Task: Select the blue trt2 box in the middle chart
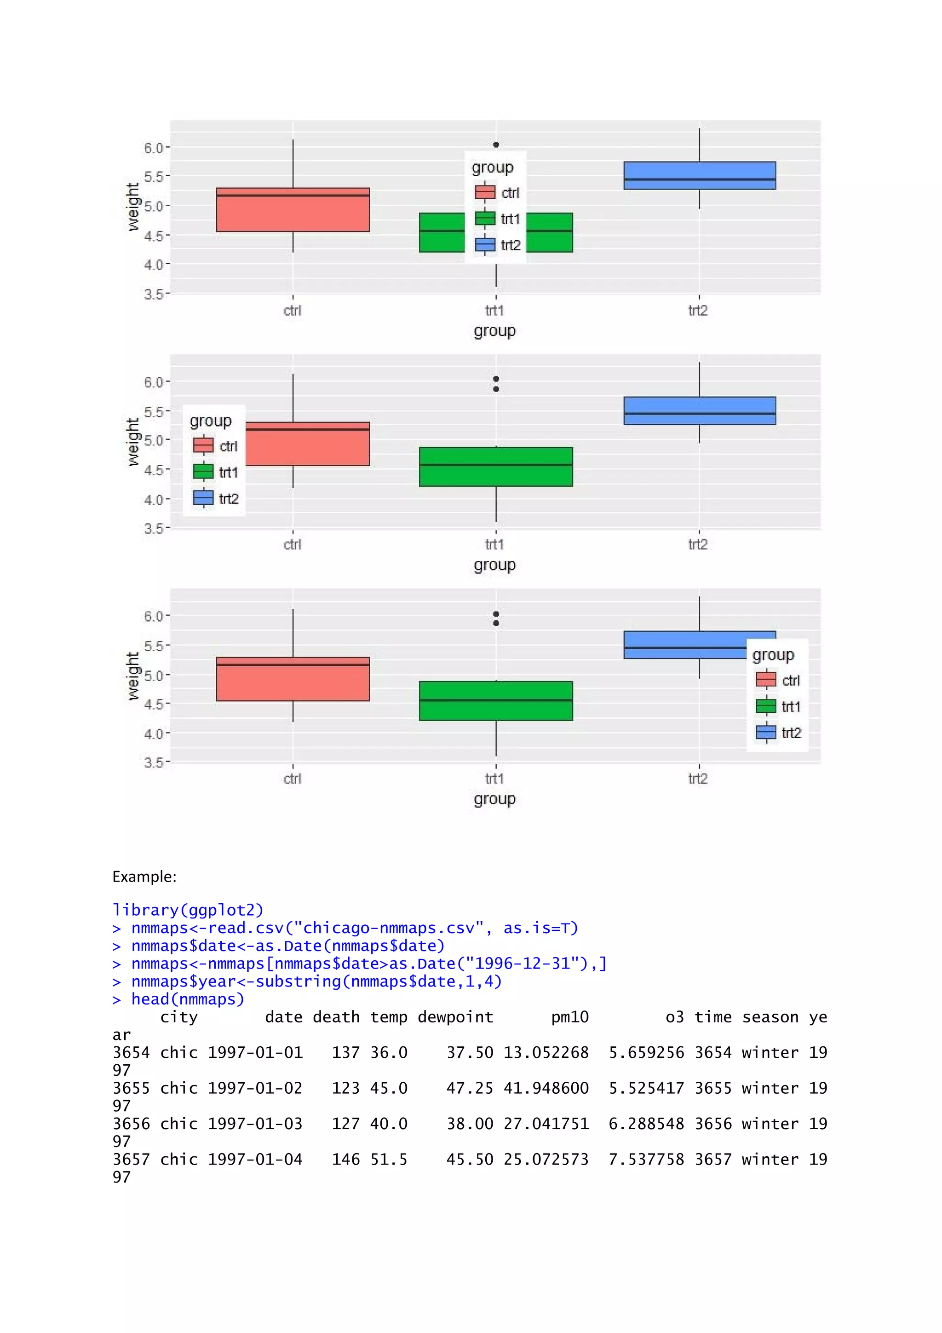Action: tap(700, 411)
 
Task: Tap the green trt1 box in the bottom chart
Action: tap(496, 701)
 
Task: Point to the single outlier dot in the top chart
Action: tap(496, 144)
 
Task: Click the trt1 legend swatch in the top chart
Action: tap(485, 219)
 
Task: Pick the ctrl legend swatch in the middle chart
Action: tap(203, 446)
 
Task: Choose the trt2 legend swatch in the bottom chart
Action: tap(766, 733)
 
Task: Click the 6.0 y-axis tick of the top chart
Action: tap(153, 148)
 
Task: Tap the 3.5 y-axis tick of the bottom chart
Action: tap(153, 762)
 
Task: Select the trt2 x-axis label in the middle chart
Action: tap(698, 545)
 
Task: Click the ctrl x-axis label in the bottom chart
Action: tap(293, 779)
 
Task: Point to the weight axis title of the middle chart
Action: tap(133, 442)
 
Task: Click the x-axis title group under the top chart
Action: tap(494, 331)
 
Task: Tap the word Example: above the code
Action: tap(144, 877)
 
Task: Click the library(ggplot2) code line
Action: tap(188, 910)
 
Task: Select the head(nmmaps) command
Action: tap(188, 999)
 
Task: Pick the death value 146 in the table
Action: tap(345, 1160)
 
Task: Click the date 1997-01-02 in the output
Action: tap(255, 1088)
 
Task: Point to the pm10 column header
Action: tap(569, 1017)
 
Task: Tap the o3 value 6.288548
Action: tap(646, 1124)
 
